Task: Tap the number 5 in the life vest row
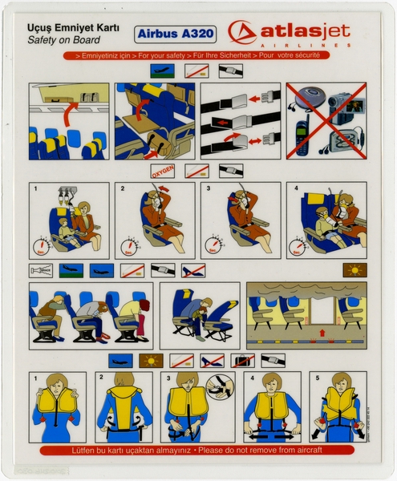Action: pyautogui.click(x=314, y=375)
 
